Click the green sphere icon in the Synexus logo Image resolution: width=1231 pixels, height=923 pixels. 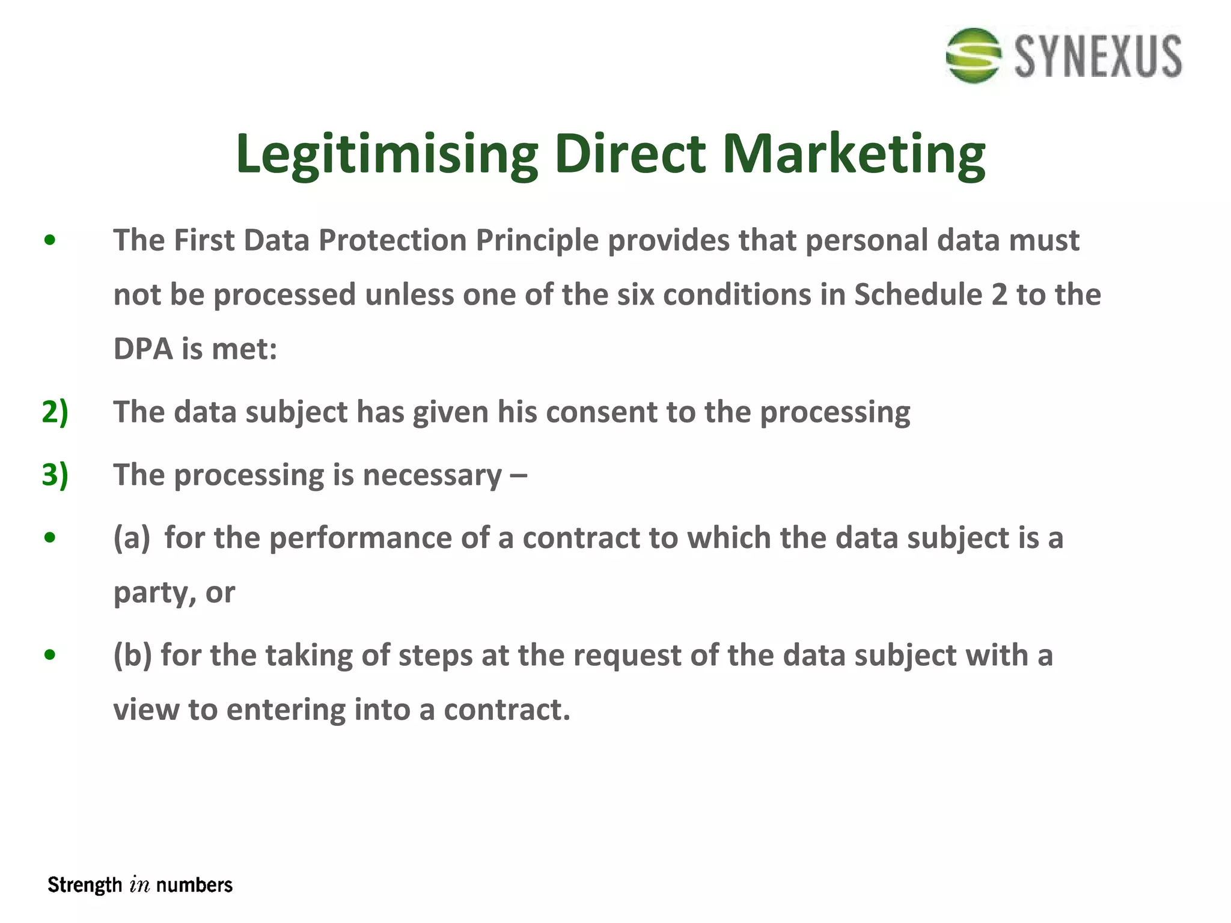click(973, 56)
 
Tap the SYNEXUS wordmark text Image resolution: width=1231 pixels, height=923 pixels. click(1098, 56)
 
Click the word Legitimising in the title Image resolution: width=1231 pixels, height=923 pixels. click(386, 154)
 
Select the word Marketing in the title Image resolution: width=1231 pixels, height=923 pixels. click(853, 154)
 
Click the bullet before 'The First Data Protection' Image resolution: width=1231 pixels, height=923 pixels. click(50, 240)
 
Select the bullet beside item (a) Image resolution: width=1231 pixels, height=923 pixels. click(50, 537)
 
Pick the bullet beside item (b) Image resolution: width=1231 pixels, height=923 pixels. click(50, 654)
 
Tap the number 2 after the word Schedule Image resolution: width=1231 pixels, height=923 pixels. click(999, 295)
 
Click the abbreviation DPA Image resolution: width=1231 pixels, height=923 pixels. click(142, 349)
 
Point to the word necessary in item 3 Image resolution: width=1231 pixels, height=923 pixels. click(432, 475)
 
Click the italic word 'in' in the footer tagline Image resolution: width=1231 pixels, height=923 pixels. click(139, 885)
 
